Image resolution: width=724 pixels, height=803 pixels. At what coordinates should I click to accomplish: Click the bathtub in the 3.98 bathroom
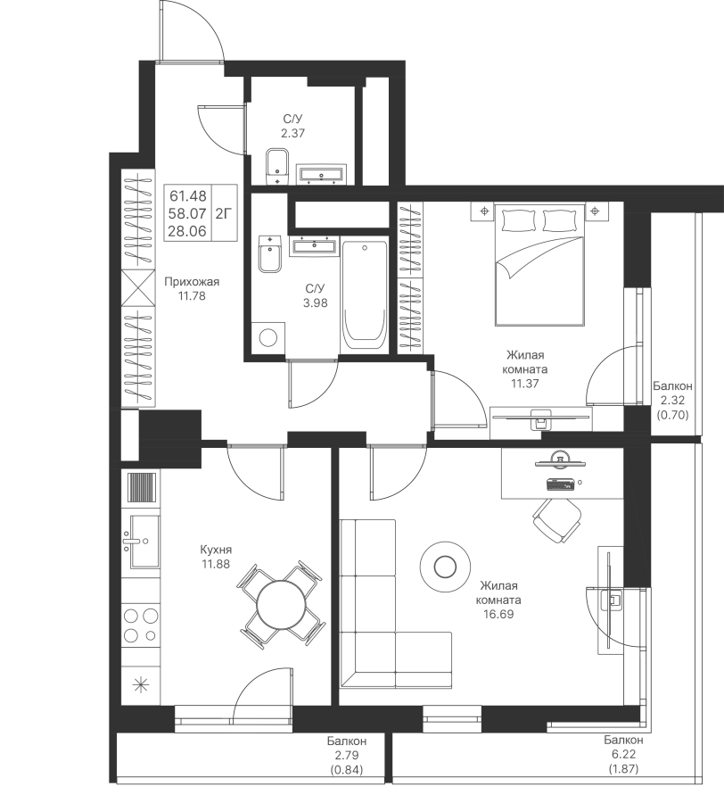365,296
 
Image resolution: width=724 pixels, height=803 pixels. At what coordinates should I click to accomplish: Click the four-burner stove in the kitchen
141,625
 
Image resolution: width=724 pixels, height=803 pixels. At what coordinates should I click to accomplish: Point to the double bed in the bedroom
539,264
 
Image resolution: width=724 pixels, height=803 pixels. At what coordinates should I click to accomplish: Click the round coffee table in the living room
445,567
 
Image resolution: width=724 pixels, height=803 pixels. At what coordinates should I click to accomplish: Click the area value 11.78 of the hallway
192,295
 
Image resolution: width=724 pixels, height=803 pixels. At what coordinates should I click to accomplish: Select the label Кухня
216,550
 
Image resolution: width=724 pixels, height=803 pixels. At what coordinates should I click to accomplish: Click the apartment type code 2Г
224,213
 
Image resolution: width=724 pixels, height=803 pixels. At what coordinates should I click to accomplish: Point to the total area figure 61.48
188,195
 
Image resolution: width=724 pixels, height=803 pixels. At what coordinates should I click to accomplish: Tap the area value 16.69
498,614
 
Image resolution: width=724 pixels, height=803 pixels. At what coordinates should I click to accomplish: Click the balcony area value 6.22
623,754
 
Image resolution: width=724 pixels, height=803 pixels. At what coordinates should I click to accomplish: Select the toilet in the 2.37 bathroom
276,167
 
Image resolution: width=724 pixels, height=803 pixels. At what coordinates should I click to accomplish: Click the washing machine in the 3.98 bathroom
267,337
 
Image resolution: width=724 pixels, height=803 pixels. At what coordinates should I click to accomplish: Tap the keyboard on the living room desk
561,484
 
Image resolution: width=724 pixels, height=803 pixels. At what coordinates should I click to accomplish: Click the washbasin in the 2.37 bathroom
321,174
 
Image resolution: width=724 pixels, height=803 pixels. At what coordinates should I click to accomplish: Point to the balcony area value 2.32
672,401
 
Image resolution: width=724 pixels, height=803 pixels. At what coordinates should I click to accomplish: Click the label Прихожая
192,282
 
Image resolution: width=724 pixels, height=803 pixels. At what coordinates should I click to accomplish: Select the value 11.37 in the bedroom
525,383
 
